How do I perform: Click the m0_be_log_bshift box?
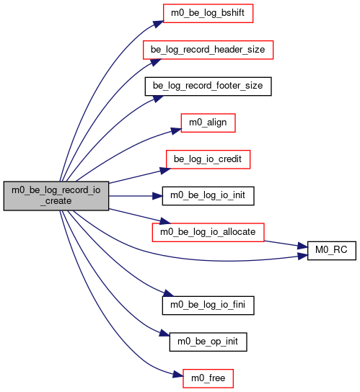(208, 13)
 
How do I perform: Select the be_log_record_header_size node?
(208, 50)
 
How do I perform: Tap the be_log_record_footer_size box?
(208, 86)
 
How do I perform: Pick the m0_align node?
(208, 122)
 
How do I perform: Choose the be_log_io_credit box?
(208, 159)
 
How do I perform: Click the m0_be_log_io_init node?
(208, 196)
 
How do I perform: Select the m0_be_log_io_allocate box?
(208, 232)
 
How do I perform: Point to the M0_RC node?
(331, 251)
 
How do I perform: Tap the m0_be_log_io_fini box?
(208, 306)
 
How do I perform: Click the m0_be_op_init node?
(208, 342)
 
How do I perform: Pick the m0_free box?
(208, 378)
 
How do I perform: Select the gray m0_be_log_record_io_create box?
(56, 196)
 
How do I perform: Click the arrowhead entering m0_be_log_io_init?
(157, 196)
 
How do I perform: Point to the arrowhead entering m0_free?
(178, 375)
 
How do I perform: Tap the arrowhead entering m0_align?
(176, 131)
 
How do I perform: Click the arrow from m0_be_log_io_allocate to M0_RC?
(286, 244)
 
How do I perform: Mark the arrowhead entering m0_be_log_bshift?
(159, 24)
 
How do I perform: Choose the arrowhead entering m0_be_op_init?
(164, 334)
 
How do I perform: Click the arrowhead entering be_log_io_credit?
(165, 171)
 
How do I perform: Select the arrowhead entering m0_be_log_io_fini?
(168, 293)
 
